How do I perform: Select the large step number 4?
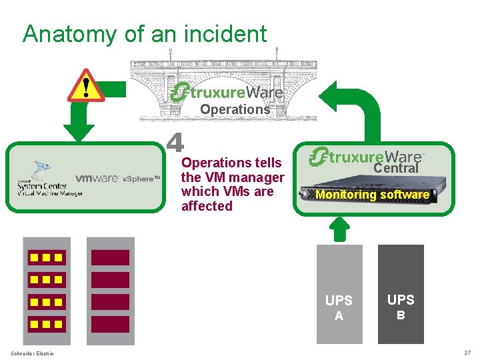coord(175,143)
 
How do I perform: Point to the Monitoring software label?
coord(372,195)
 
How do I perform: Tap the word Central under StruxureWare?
coord(395,169)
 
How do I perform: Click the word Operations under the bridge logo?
coord(235,109)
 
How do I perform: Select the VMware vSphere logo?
coord(117,179)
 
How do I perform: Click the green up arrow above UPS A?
coord(340,229)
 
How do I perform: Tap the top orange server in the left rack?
coord(45,257)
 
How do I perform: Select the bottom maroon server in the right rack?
coord(110,324)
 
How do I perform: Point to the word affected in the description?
coord(207,207)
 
